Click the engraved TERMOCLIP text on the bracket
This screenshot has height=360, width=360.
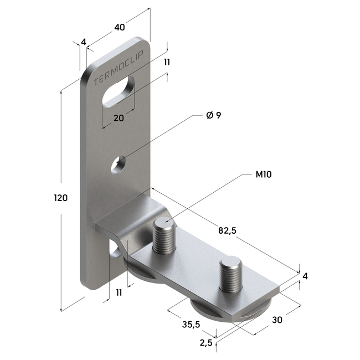click(119, 68)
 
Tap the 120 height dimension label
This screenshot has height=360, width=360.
click(61, 198)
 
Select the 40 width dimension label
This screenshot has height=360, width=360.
click(120, 27)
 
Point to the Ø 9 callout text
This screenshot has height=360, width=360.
click(214, 115)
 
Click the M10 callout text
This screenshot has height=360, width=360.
click(264, 174)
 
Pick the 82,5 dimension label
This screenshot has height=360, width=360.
click(227, 230)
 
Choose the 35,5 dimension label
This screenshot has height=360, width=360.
click(191, 325)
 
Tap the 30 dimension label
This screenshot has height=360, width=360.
click(277, 320)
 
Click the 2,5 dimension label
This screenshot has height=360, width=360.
click(206, 343)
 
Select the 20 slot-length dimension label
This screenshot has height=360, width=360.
click(119, 118)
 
